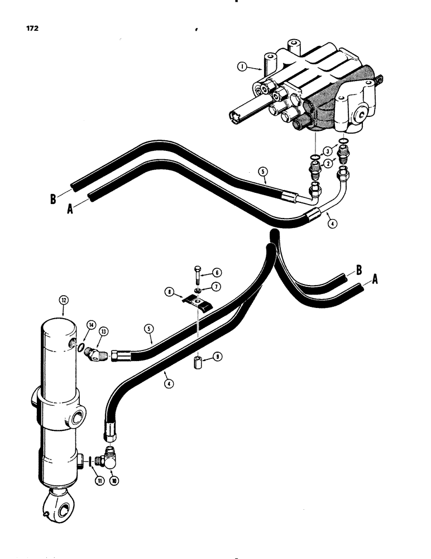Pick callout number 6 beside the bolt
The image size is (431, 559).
pos(216,273)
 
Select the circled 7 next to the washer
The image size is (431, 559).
pos(216,286)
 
